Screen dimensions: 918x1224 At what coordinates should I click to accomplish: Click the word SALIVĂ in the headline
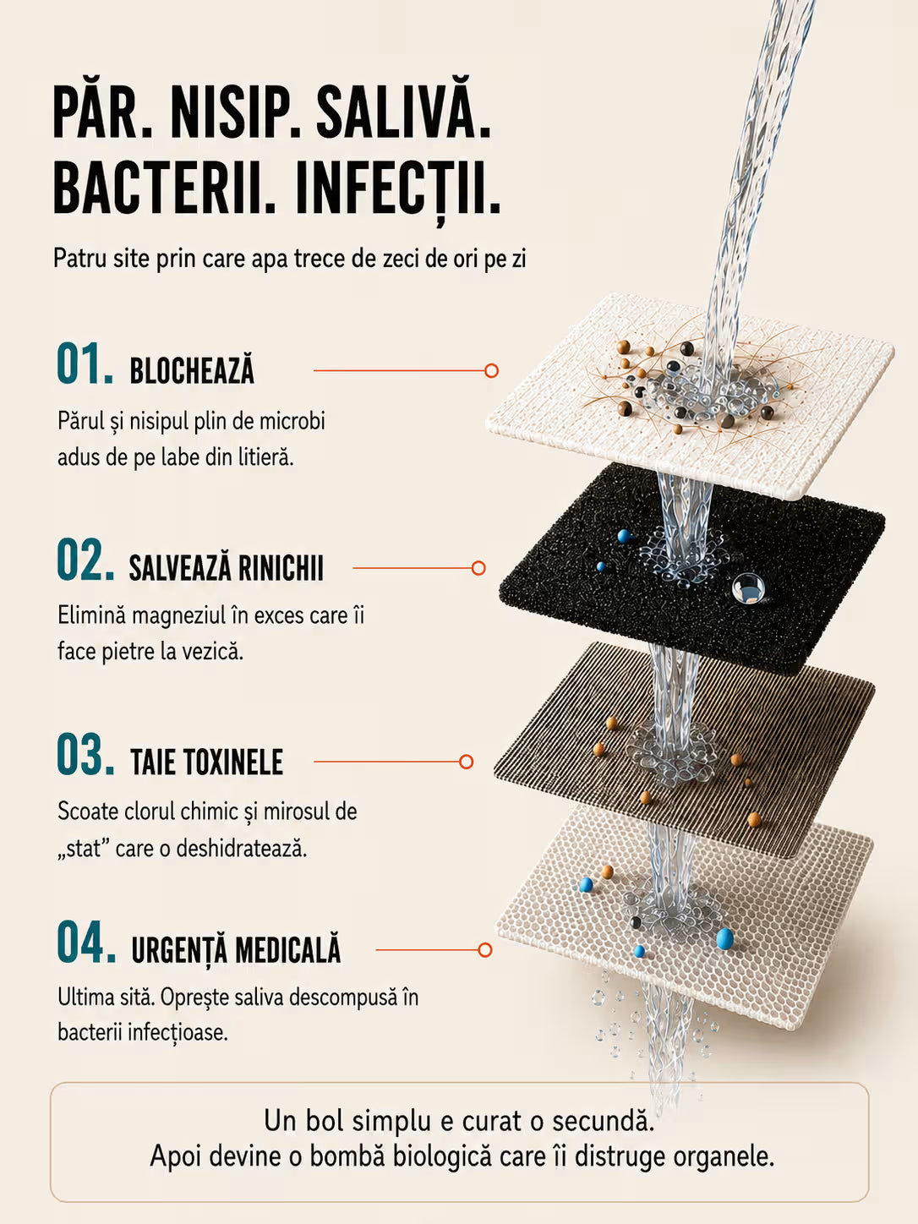pyautogui.click(x=403, y=109)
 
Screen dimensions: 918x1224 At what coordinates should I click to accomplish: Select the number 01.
pyautogui.click(x=85, y=364)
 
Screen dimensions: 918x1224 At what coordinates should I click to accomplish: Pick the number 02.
pyautogui.click(x=85, y=560)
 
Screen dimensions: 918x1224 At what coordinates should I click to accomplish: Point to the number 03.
pyautogui.click(x=85, y=755)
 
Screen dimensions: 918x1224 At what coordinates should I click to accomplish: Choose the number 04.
pyautogui.click(x=86, y=943)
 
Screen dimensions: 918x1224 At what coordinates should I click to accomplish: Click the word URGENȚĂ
pyautogui.click(x=180, y=948)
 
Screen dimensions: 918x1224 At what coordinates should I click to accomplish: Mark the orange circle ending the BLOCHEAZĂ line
pyautogui.click(x=491, y=370)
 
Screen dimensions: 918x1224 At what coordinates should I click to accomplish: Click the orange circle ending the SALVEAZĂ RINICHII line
pyautogui.click(x=478, y=568)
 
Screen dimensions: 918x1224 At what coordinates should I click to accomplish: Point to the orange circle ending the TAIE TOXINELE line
pyautogui.click(x=466, y=762)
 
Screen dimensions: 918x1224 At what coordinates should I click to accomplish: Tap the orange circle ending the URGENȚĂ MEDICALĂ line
pyautogui.click(x=485, y=949)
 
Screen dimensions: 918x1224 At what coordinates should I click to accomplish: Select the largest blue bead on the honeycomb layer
pyautogui.click(x=724, y=938)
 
